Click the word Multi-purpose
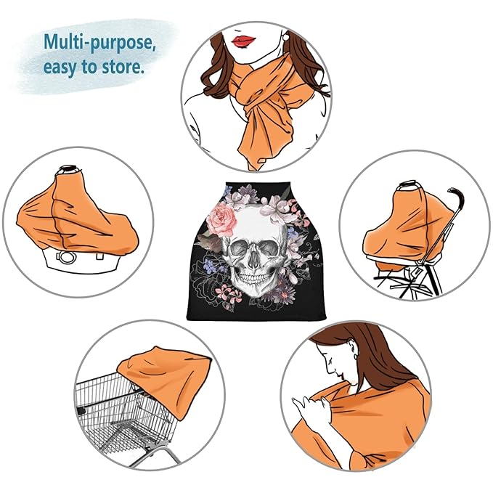99,42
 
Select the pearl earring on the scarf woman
286,37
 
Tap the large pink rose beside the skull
223,219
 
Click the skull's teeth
254,278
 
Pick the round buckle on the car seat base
67,258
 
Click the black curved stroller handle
457,201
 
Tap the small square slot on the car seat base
100,256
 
